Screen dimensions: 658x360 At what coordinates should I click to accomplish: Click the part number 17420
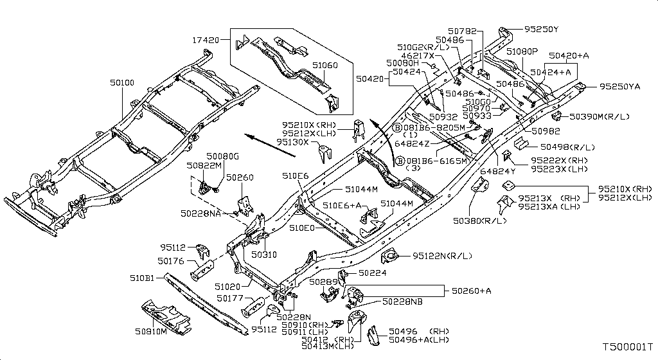(206, 40)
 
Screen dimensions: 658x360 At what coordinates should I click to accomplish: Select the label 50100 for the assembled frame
(122, 83)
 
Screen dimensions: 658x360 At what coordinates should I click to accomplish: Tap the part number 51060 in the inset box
(325, 65)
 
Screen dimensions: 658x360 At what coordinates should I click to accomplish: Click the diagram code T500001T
(628, 347)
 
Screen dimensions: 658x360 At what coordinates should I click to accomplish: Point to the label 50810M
(150, 332)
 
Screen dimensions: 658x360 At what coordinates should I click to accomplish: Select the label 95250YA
(620, 86)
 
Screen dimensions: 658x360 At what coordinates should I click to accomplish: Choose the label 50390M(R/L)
(600, 116)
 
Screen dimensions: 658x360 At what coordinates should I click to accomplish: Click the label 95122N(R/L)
(442, 255)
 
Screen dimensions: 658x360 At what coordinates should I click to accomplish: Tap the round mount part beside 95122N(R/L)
(390, 256)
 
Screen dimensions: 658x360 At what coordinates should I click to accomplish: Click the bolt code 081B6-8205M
(434, 127)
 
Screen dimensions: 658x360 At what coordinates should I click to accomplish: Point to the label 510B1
(142, 278)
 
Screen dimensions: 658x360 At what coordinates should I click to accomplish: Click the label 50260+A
(471, 291)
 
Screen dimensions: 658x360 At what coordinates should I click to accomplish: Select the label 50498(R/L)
(567, 147)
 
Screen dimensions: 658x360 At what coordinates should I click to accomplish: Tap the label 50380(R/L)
(479, 221)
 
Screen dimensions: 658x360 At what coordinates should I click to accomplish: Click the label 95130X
(292, 142)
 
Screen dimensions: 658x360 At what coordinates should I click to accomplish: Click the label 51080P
(522, 51)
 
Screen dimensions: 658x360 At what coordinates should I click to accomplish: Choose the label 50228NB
(402, 301)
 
